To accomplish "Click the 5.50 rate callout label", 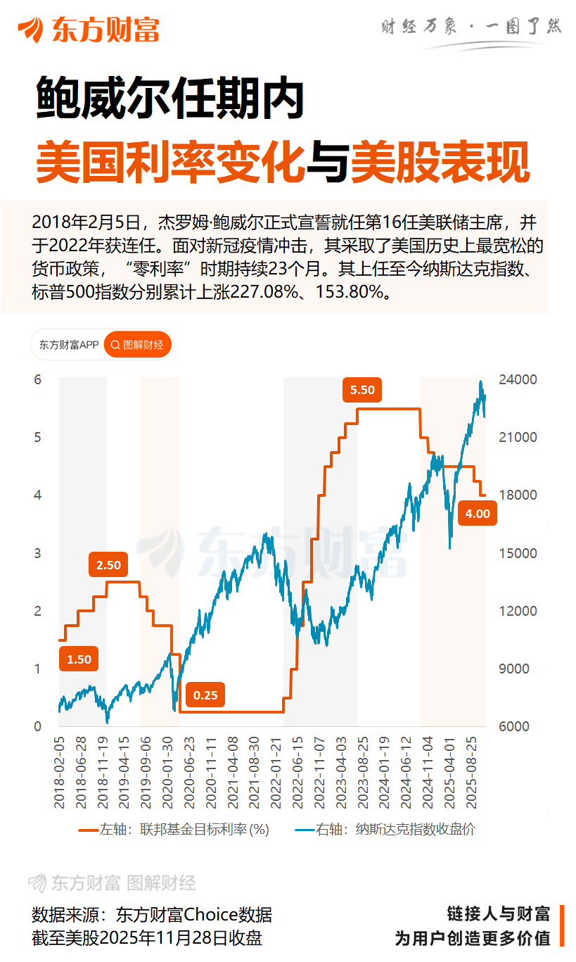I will point(362,390).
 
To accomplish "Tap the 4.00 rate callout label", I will point(478,514).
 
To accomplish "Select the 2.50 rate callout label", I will point(108,564).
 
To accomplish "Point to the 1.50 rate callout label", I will point(79,659).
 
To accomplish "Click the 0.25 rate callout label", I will point(205,695).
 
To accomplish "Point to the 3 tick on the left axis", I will point(39,553).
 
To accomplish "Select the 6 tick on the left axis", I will point(39,380).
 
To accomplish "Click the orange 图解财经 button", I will point(138,345).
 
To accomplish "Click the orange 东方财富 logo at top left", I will point(89,29).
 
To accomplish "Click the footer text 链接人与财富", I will point(498,914).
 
